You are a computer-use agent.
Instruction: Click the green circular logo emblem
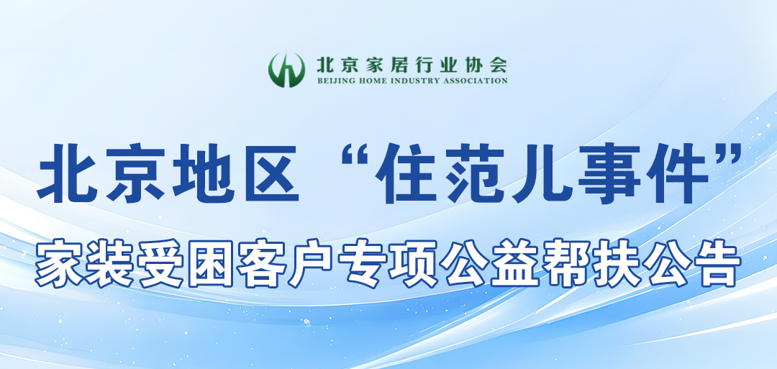286,70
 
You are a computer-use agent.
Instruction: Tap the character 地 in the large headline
203,173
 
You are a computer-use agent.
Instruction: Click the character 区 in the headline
270,173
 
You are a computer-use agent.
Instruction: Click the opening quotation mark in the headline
356,156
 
